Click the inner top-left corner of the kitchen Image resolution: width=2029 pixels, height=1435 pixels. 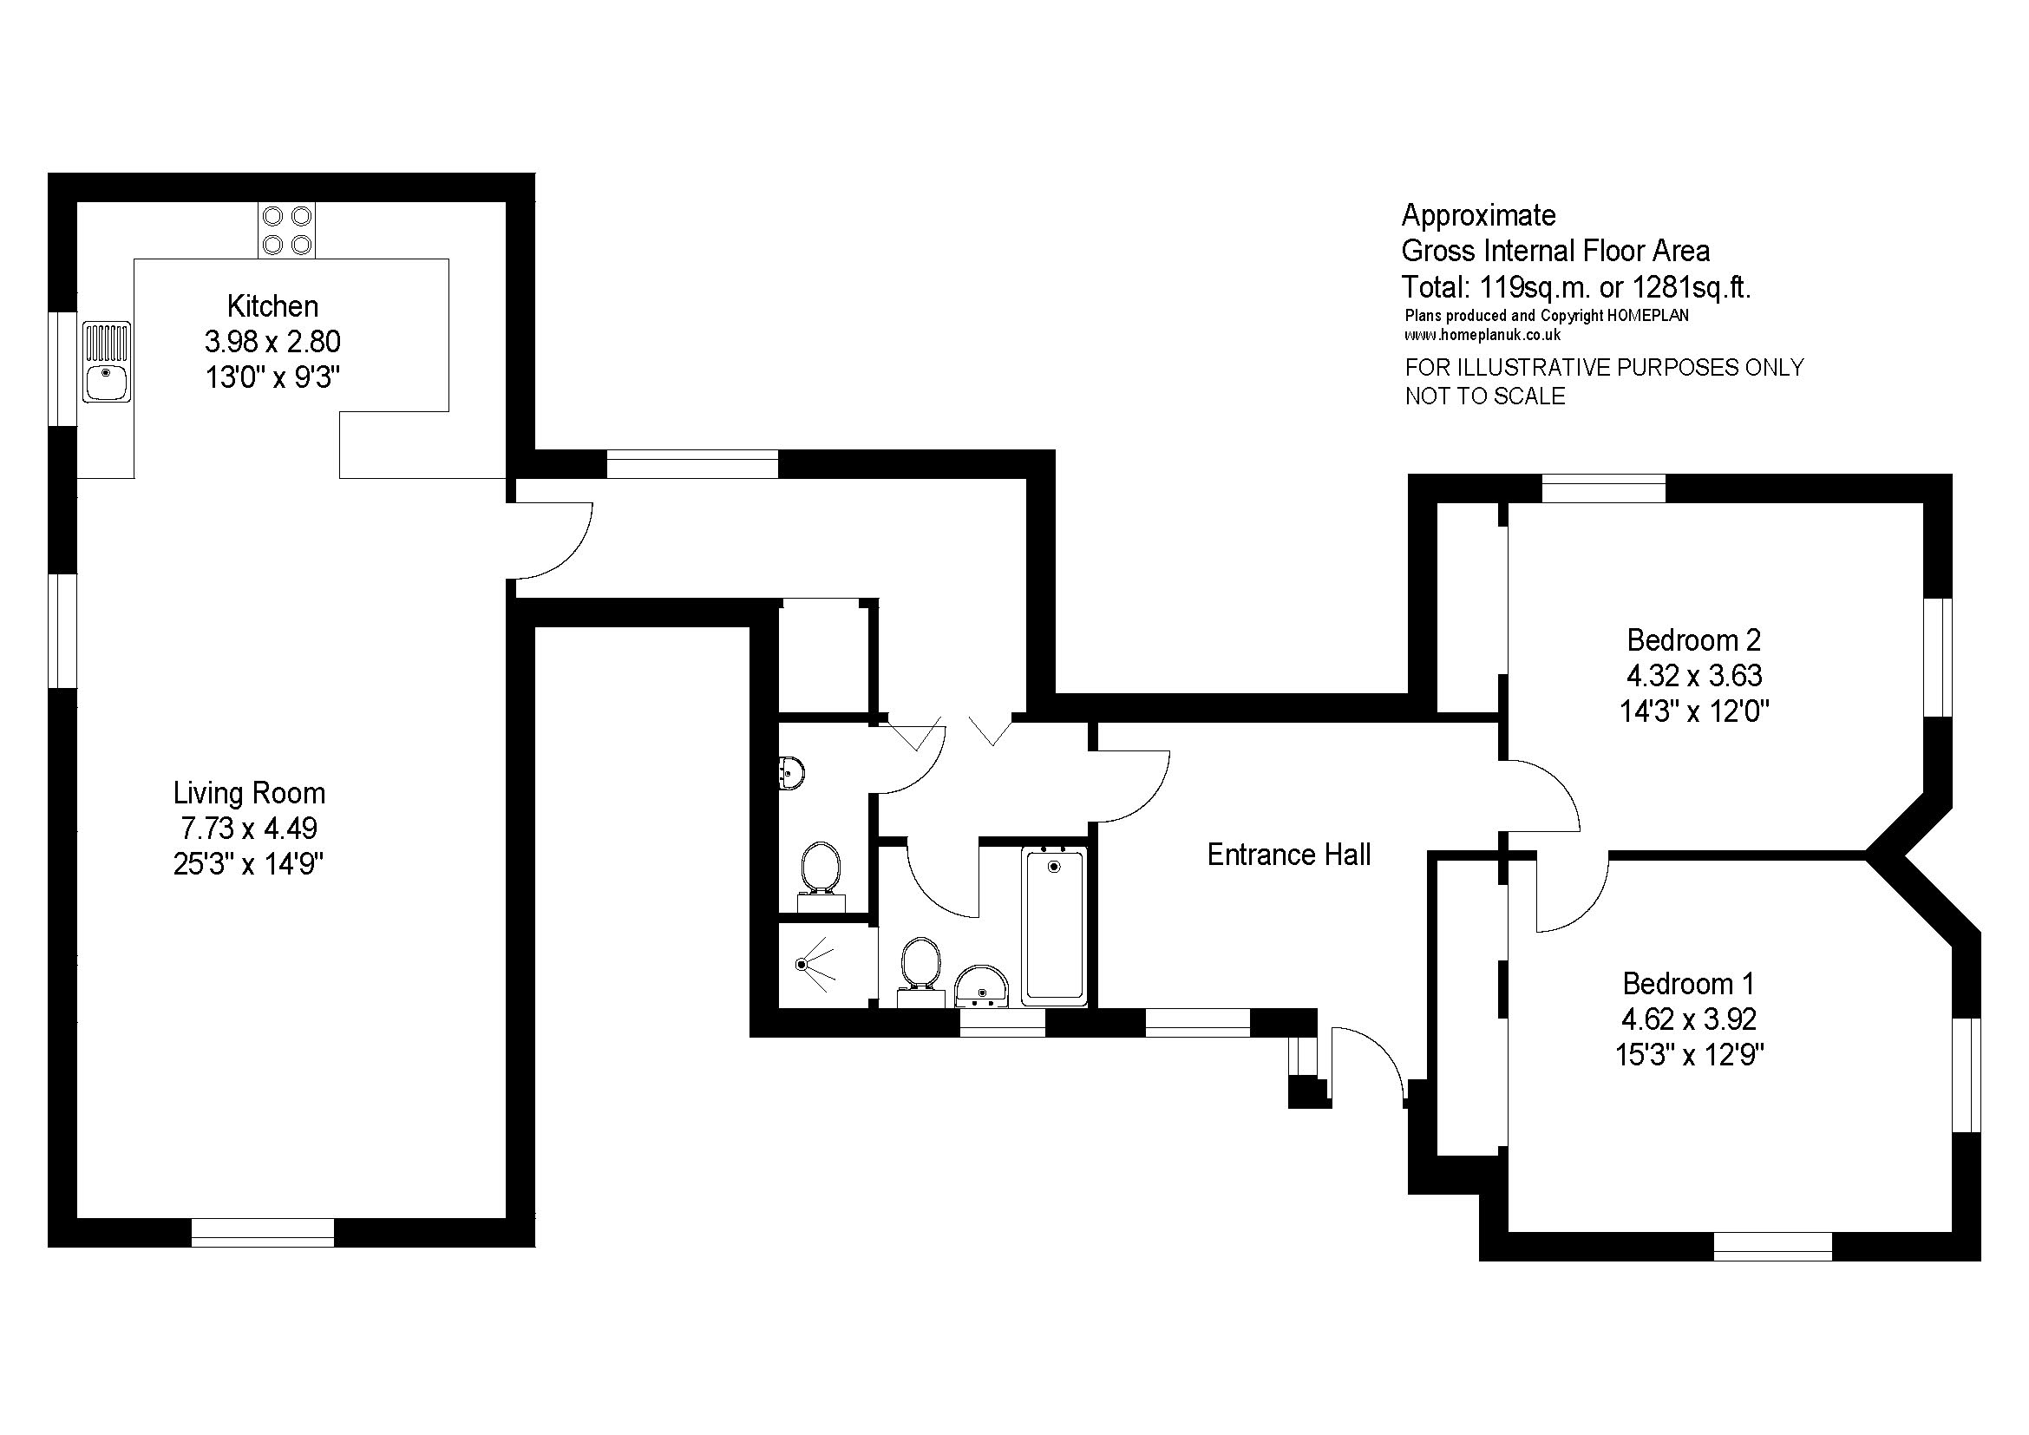click(x=78, y=203)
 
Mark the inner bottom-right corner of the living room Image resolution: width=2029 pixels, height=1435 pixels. click(x=505, y=1217)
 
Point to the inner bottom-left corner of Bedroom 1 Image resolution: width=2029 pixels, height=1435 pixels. click(x=1509, y=1231)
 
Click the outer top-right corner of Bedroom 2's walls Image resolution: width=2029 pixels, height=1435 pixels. click(x=1951, y=475)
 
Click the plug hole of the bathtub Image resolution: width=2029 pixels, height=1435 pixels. click(x=1053, y=867)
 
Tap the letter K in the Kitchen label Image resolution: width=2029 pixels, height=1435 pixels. click(x=235, y=305)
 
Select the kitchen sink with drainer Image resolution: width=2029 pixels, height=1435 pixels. click(x=107, y=362)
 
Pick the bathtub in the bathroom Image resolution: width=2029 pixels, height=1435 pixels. click(x=1054, y=926)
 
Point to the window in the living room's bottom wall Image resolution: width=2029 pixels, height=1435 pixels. click(x=264, y=1232)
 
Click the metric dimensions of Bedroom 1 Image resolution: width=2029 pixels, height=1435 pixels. click(x=1689, y=1019)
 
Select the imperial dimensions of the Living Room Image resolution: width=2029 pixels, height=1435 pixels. click(x=249, y=863)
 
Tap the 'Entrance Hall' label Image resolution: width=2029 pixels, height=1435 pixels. click(x=1288, y=855)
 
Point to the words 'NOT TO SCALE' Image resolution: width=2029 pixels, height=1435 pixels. click(x=1484, y=396)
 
